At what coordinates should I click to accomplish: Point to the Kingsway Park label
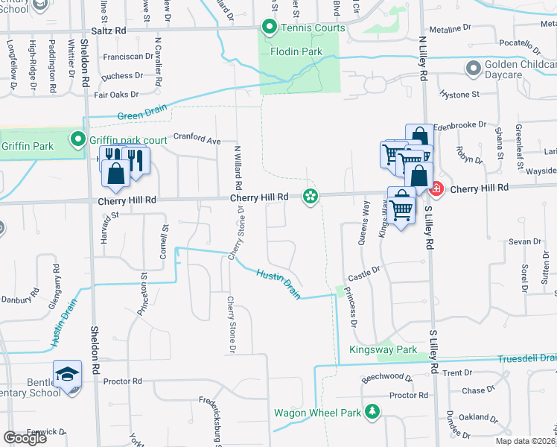click(383, 349)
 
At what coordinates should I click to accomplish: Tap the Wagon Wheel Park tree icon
click(371, 412)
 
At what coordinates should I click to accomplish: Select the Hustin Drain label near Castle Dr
click(278, 285)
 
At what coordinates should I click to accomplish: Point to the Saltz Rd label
click(109, 31)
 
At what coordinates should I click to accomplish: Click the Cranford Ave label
click(197, 138)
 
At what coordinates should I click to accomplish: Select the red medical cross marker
click(437, 189)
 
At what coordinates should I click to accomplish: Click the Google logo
click(25, 438)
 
